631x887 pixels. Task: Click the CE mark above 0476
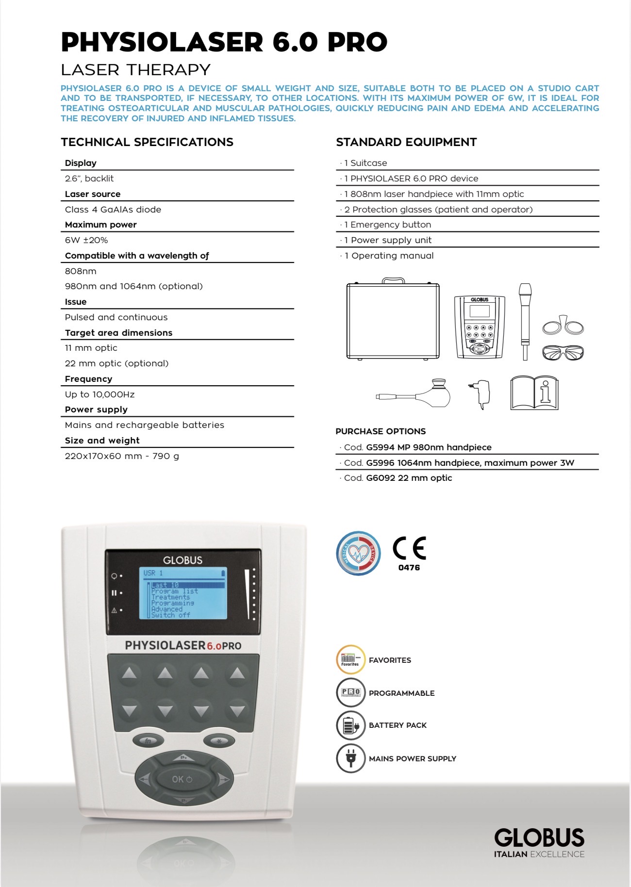[409, 548]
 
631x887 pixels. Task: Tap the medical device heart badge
[358, 553]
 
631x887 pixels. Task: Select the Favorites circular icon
[350, 660]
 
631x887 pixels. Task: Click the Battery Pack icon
[350, 725]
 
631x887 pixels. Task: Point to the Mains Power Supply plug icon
[350, 758]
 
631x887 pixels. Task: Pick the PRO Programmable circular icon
[350, 692]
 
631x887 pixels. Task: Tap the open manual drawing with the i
[534, 393]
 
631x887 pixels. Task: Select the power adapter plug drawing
[481, 393]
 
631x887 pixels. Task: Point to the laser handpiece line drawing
[525, 320]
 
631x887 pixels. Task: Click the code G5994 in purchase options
[380, 447]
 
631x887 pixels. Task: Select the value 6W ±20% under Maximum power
[86, 240]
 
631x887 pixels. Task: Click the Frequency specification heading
[88, 379]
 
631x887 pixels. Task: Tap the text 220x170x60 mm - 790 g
[122, 456]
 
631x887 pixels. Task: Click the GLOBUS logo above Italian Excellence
[539, 838]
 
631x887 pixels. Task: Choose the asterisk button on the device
[219, 741]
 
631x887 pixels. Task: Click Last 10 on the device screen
[165, 585]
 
